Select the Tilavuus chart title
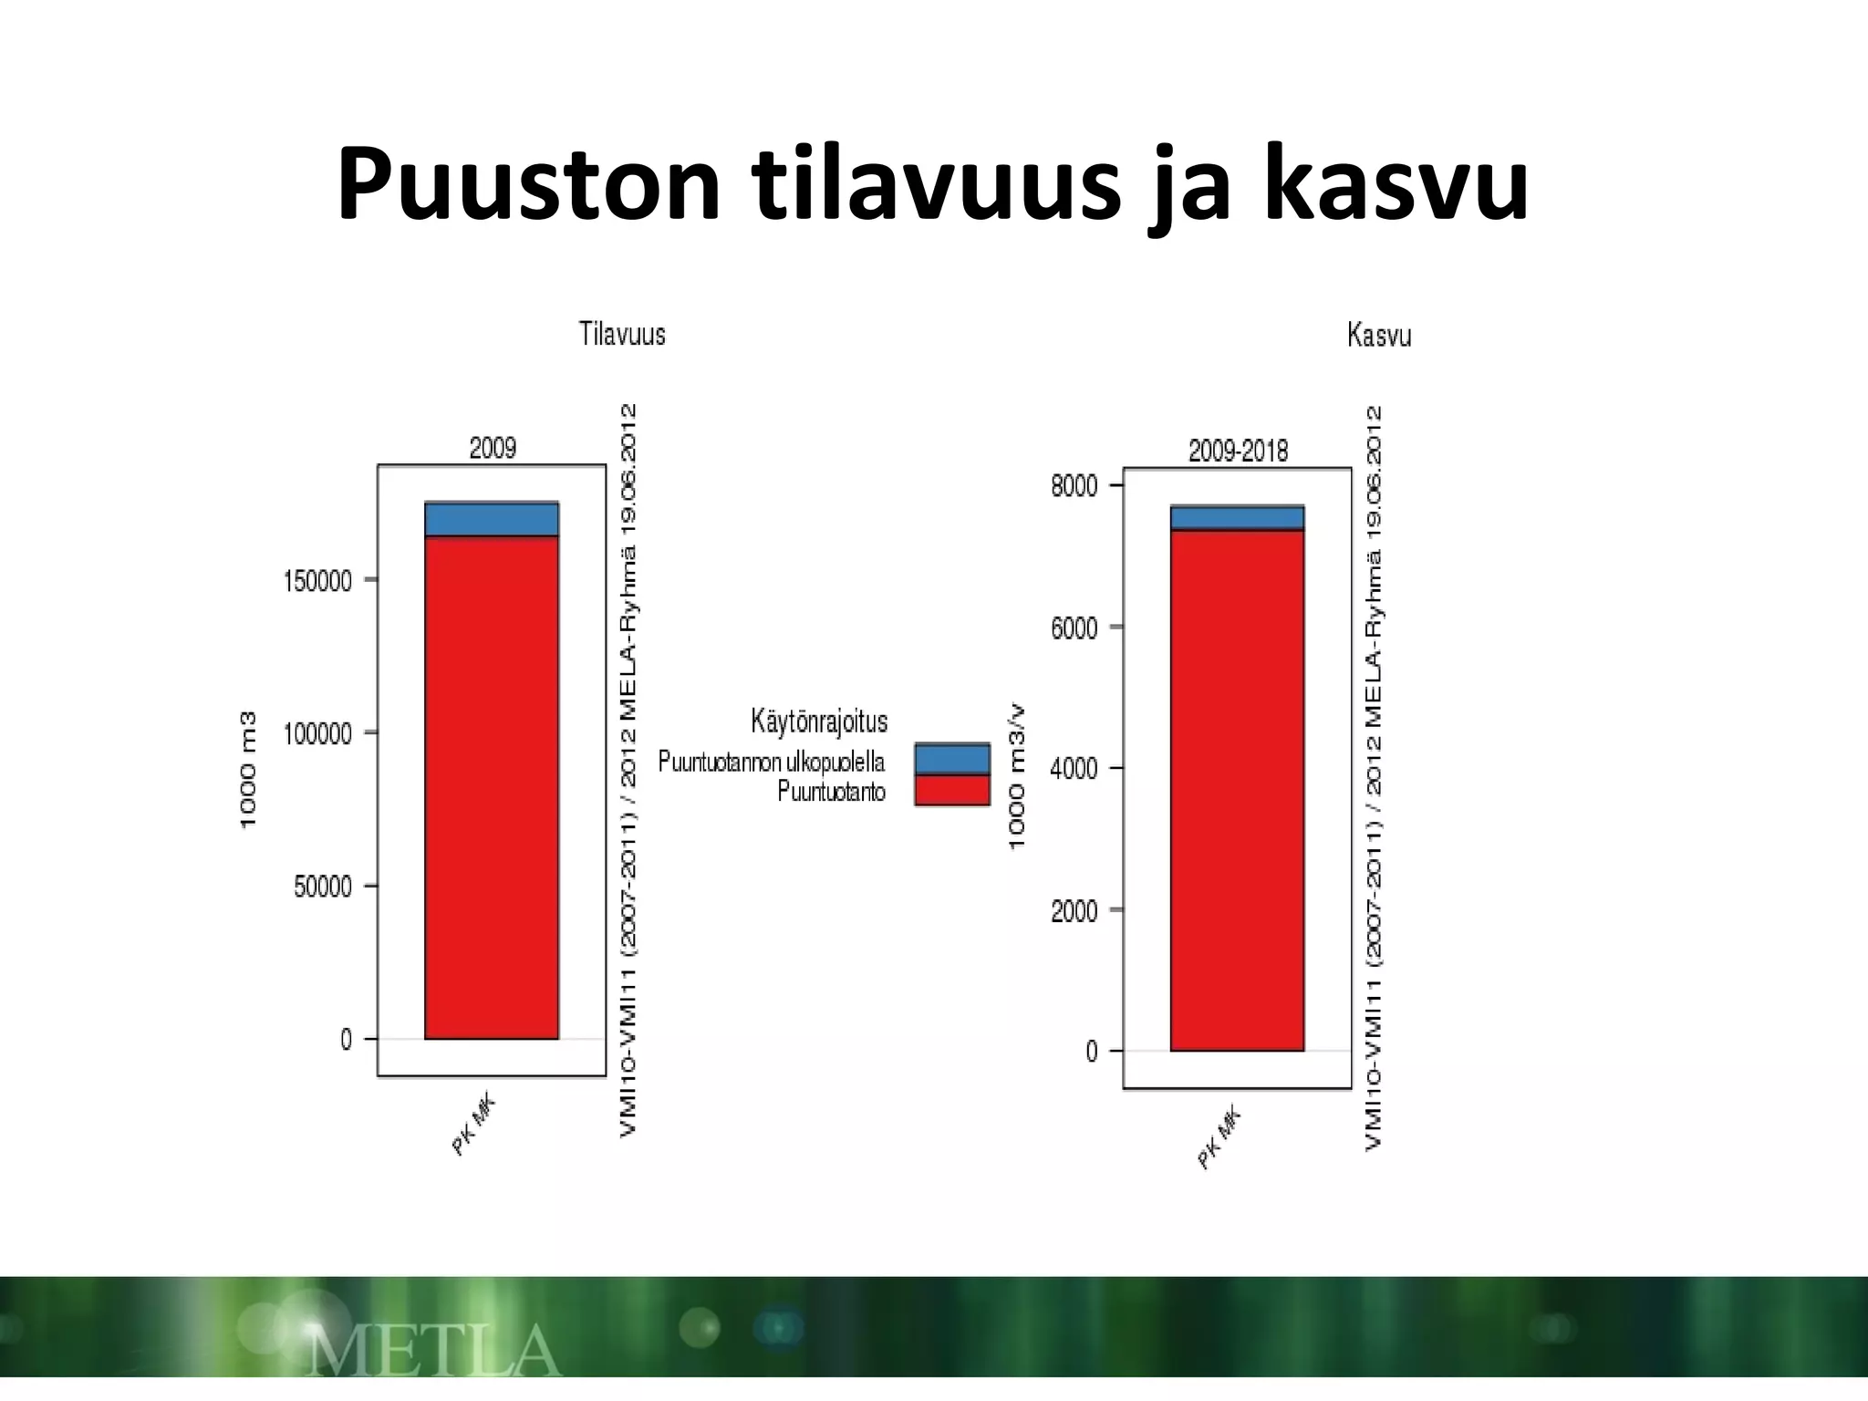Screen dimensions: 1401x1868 (x=622, y=335)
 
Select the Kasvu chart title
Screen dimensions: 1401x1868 (x=1379, y=337)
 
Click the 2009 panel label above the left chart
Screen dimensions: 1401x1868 (x=493, y=448)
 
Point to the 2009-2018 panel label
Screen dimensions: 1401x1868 (x=1238, y=451)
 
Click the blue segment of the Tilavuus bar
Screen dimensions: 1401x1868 (x=492, y=519)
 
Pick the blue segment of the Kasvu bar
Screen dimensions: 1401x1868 (x=1238, y=517)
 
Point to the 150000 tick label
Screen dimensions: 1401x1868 (x=317, y=582)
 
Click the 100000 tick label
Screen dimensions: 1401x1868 (x=317, y=734)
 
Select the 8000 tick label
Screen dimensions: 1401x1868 (x=1074, y=486)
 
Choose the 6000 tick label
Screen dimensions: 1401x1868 (x=1074, y=628)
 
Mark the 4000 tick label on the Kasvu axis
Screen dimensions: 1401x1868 (x=1074, y=769)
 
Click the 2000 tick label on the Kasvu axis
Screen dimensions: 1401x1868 (x=1074, y=911)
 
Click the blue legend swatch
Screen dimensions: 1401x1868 (x=951, y=759)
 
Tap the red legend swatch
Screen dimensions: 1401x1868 (x=951, y=790)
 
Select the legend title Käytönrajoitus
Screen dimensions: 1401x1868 (x=819, y=721)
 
